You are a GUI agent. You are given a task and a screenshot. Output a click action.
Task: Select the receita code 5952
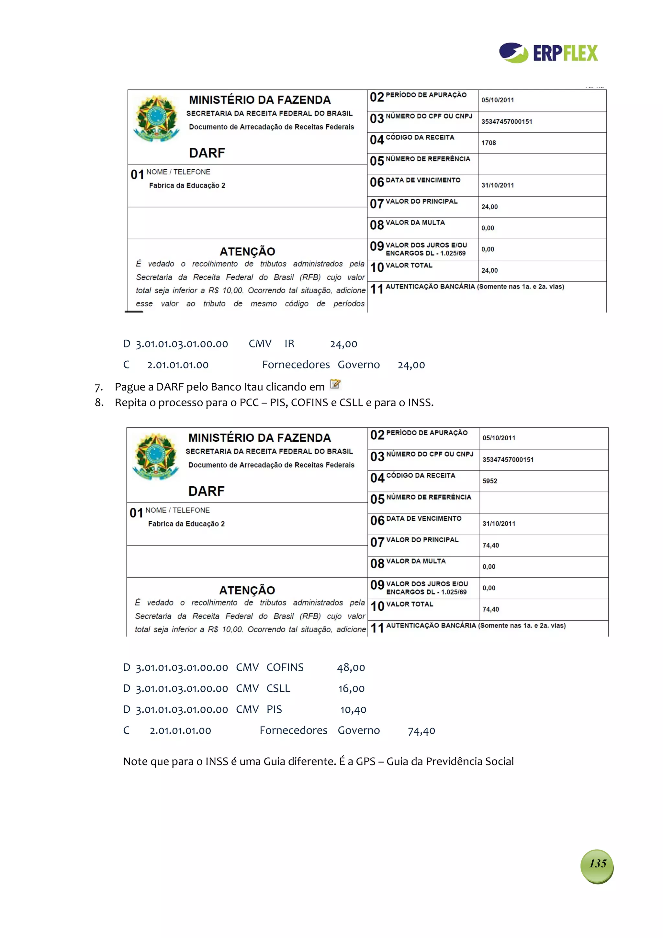click(490, 481)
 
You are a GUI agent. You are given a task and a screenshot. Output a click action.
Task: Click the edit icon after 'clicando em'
click(335, 384)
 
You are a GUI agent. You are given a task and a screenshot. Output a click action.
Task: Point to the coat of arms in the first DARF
click(156, 119)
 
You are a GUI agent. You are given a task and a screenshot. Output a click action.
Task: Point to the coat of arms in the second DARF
click(156, 456)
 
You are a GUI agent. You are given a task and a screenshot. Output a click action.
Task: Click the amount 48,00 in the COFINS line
click(351, 668)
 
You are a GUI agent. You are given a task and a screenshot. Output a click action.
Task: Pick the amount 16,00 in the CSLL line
click(351, 689)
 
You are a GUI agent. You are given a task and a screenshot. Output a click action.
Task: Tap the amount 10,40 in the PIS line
click(354, 710)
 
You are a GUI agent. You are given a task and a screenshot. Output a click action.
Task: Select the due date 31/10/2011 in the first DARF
click(498, 186)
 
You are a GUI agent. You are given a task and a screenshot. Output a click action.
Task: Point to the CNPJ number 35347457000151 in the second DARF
click(508, 459)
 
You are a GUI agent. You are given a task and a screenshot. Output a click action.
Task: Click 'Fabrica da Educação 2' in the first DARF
click(187, 186)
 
